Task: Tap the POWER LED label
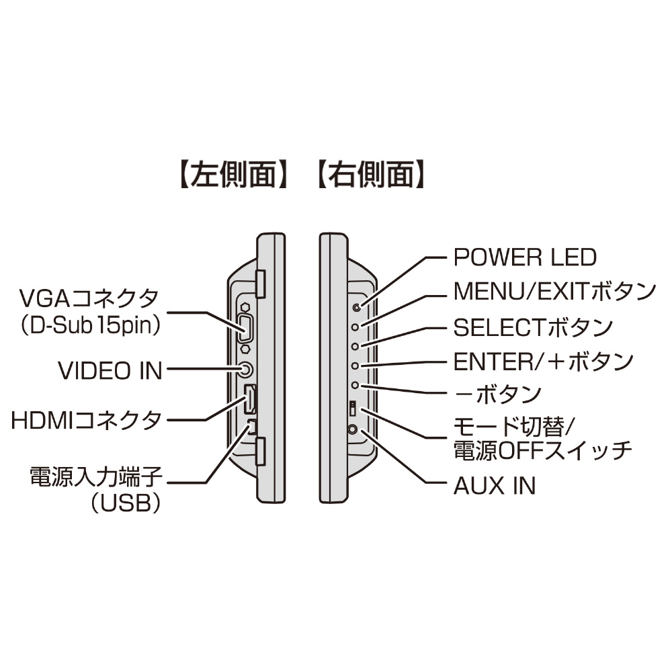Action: click(525, 257)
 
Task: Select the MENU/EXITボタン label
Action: click(554, 292)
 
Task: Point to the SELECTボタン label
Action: click(533, 327)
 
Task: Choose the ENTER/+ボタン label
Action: click(544, 362)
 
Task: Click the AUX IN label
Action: click(495, 485)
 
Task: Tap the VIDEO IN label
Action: click(111, 370)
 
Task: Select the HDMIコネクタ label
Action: click(87, 421)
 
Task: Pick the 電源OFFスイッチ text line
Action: click(543, 450)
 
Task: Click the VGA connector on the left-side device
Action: click(245, 330)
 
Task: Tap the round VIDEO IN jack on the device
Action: click(246, 369)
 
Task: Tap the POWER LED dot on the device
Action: click(356, 307)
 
